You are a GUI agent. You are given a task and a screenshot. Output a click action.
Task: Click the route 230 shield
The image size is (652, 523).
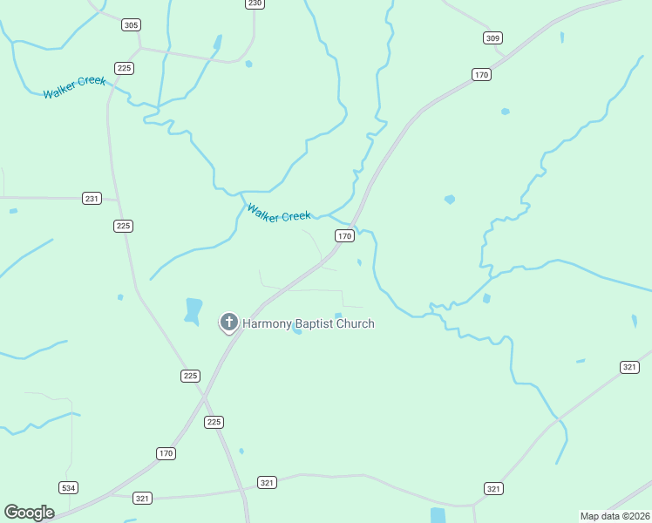click(254, 3)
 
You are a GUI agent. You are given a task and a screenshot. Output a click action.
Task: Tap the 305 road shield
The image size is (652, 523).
click(131, 25)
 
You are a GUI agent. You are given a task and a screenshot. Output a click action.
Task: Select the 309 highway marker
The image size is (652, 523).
click(493, 37)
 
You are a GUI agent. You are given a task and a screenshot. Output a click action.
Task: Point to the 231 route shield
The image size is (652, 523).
click(92, 199)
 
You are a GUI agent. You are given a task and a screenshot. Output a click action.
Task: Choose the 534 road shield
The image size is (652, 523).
click(69, 487)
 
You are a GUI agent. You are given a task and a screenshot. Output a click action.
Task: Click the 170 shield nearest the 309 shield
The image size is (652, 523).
click(481, 75)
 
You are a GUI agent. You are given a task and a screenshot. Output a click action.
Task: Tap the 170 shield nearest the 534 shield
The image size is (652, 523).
click(166, 453)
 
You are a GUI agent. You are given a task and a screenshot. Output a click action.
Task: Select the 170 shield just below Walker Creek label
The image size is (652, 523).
click(344, 236)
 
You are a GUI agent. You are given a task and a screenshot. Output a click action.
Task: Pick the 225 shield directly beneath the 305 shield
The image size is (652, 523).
click(124, 68)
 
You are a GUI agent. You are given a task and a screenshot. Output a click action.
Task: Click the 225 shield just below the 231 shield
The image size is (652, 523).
click(124, 226)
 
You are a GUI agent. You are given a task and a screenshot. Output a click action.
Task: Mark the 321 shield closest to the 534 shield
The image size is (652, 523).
click(142, 499)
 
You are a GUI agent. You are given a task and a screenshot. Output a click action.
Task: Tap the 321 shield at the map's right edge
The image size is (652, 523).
click(629, 368)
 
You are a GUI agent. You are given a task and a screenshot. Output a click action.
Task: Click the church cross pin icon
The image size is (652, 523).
click(228, 323)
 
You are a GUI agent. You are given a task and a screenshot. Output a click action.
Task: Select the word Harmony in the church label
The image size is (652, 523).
click(268, 324)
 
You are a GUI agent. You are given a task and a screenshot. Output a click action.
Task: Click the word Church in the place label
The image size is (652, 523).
click(358, 324)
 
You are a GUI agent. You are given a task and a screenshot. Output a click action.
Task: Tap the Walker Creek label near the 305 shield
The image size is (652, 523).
click(74, 87)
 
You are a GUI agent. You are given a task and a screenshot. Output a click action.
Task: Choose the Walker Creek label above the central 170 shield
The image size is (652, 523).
click(278, 213)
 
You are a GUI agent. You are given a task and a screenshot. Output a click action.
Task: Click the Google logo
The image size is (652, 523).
click(29, 513)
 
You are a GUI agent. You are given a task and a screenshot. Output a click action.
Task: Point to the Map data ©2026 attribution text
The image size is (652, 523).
click(615, 516)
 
